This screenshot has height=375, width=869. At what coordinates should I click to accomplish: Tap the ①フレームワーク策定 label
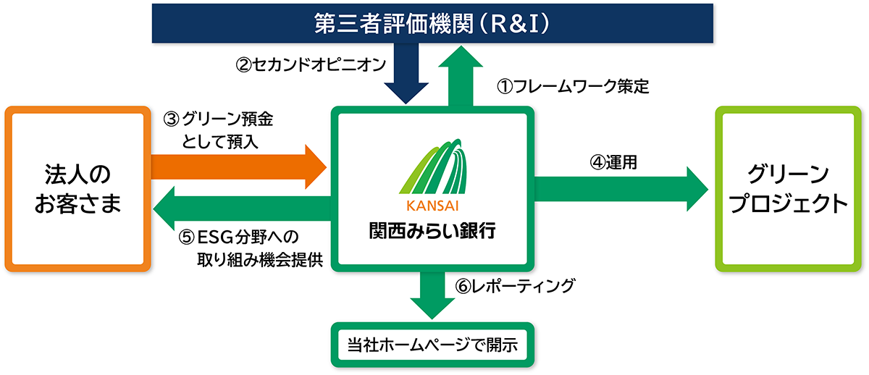(572, 87)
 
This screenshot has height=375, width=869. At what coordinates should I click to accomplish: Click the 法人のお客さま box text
(77, 189)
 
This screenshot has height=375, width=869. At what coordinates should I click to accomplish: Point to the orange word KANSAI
(434, 204)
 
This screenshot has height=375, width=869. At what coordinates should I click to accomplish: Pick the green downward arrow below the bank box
(434, 293)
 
